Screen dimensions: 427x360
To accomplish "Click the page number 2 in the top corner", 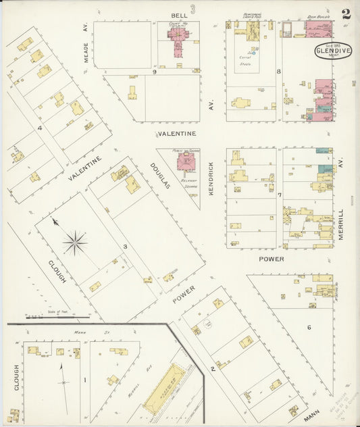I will pyautogui.click(x=346, y=14).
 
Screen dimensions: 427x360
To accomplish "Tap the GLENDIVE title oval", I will pyautogui.click(x=332, y=53).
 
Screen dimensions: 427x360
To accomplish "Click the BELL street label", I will pyautogui.click(x=179, y=14).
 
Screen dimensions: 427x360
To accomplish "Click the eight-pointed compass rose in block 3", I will pyautogui.click(x=75, y=241).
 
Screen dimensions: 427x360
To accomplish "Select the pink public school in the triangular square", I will pyautogui.click(x=185, y=161).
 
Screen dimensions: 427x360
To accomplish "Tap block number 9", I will pyautogui.click(x=155, y=71).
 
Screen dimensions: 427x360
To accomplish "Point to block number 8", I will pyautogui.click(x=278, y=71).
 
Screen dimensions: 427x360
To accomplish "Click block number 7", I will pyautogui.click(x=278, y=195).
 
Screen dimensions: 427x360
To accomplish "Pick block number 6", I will pyautogui.click(x=309, y=328).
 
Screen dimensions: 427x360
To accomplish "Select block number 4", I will pyautogui.click(x=41, y=128).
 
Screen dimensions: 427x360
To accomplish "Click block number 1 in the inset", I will pyautogui.click(x=84, y=380).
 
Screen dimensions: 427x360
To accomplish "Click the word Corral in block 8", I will pyautogui.click(x=245, y=58).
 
